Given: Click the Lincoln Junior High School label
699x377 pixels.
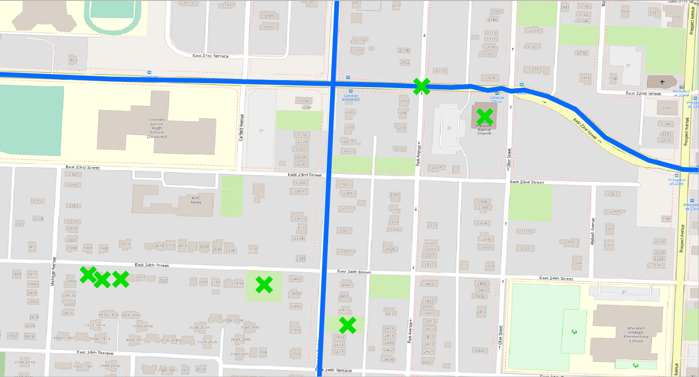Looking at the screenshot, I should [157, 128].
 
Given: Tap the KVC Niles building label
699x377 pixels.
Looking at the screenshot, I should [196, 200].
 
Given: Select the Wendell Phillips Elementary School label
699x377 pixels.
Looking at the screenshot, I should [635, 335].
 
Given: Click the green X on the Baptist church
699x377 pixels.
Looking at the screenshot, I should [485, 116].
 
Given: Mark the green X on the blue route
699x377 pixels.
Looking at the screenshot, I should [421, 86].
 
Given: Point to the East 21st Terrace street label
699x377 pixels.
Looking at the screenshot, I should [211, 56].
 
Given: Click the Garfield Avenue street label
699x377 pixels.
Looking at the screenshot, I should [241, 127].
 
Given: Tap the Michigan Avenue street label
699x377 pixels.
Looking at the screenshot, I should [54, 271].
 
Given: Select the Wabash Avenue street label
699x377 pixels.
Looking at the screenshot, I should [593, 232].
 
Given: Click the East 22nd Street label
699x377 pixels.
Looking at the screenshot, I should [643, 93].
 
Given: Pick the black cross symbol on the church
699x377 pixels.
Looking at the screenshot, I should [662, 82].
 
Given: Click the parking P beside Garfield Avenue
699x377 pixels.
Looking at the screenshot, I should [261, 131].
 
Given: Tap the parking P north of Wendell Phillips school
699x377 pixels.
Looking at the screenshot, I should [624, 292].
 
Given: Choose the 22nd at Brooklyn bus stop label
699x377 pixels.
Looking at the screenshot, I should [351, 98].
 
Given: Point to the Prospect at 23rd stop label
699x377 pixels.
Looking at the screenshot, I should [676, 182].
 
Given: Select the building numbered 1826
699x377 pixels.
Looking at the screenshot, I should [73, 60].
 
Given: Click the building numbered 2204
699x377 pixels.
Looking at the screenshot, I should [304, 101].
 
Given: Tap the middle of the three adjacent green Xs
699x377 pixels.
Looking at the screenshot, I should [102, 280].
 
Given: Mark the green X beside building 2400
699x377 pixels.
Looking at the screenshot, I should [264, 284].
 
